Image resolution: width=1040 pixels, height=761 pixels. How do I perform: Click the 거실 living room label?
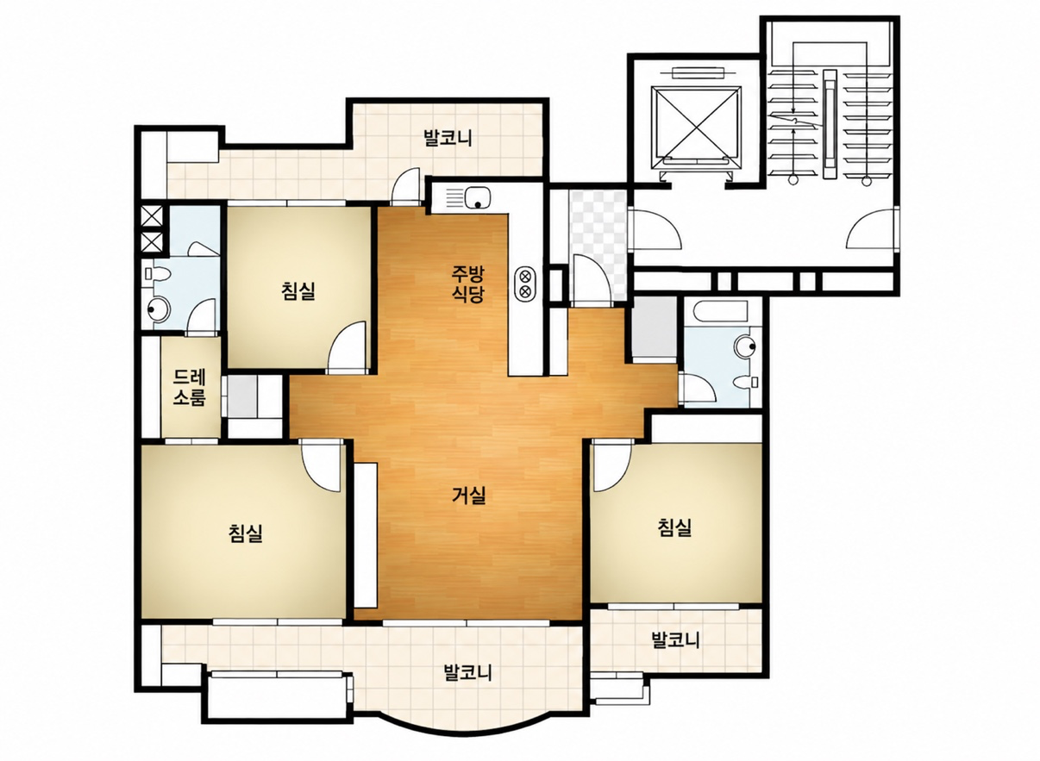[x=469, y=495]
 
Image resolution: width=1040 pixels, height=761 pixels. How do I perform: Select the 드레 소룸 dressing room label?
[x=190, y=387]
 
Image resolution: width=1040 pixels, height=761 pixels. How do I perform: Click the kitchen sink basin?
[x=476, y=197]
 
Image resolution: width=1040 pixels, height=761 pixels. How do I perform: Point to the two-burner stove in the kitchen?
[x=525, y=284]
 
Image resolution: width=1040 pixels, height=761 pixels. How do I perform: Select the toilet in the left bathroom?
[x=156, y=275]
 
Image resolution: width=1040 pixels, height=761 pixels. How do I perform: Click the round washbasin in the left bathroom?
[x=159, y=309]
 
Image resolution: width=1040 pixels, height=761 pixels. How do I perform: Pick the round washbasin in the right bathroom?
[x=746, y=346]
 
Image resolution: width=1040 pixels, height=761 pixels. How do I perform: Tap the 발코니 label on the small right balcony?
[x=675, y=639]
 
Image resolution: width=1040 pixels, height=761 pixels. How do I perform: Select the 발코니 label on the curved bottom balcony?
[x=467, y=672]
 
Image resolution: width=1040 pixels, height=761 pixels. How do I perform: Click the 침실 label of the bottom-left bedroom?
[x=246, y=533]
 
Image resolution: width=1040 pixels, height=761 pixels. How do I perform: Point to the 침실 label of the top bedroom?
[x=298, y=291]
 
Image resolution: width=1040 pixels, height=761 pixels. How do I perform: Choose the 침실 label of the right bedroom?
[x=674, y=527]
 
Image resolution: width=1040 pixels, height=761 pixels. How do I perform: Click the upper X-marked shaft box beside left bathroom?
[x=152, y=215]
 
